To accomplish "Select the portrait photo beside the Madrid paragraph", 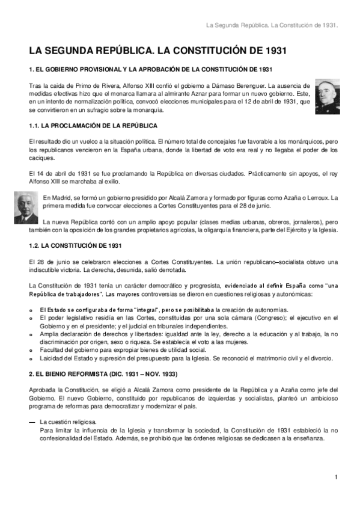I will (26, 206).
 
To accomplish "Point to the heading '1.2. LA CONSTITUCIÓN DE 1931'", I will (76, 247).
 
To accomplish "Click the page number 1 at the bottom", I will (337, 478).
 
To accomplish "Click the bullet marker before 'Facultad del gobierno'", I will (31, 349).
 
